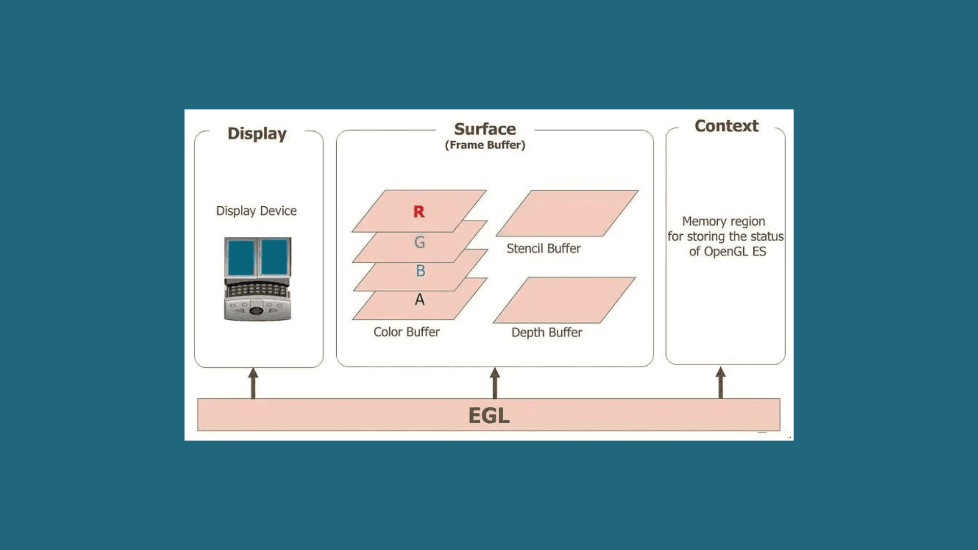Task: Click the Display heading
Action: pos(257,133)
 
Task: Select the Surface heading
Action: pos(485,129)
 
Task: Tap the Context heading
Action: pos(726,126)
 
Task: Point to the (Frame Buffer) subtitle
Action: pos(485,145)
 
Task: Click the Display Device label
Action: pos(256,211)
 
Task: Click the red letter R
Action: pos(419,212)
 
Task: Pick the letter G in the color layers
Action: pos(420,242)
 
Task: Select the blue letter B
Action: pos(420,271)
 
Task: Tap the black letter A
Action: pos(420,299)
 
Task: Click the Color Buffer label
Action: pos(406,332)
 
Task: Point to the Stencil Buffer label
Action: pos(544,249)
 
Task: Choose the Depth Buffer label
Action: pos(547,333)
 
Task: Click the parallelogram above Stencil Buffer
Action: pos(567,213)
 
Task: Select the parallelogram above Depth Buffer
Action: pos(564,300)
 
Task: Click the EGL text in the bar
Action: pos(489,416)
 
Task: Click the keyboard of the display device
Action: pos(257,291)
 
